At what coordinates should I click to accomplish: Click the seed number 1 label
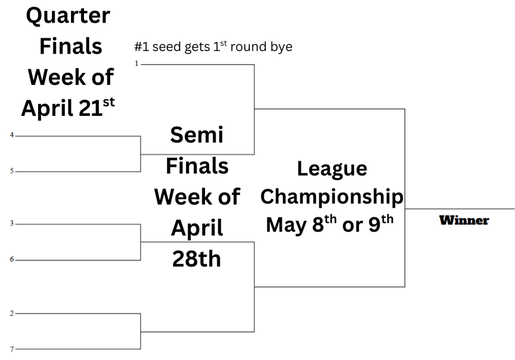pyautogui.click(x=137, y=63)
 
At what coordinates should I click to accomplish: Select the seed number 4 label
pyautogui.click(x=12, y=135)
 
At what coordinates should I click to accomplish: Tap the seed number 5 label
pyautogui.click(x=12, y=171)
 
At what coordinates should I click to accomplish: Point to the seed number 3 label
pyautogui.click(x=12, y=224)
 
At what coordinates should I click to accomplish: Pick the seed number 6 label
pyautogui.click(x=12, y=260)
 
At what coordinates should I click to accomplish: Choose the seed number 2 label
pyautogui.click(x=12, y=313)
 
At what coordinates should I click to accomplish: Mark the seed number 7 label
pyautogui.click(x=12, y=349)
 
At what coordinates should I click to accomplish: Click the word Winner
pyautogui.click(x=464, y=220)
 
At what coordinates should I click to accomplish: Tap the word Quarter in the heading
pyautogui.click(x=68, y=16)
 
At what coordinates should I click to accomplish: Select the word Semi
pyautogui.click(x=197, y=135)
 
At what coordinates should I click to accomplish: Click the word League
pyautogui.click(x=332, y=169)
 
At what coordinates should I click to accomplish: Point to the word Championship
pyautogui.click(x=332, y=196)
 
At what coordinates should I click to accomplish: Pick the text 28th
pyautogui.click(x=197, y=259)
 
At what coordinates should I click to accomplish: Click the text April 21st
pyautogui.click(x=68, y=108)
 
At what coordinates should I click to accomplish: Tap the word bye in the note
pyautogui.click(x=281, y=47)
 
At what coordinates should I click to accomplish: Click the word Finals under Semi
pyautogui.click(x=197, y=166)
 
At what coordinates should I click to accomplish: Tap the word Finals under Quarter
pyautogui.click(x=71, y=47)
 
